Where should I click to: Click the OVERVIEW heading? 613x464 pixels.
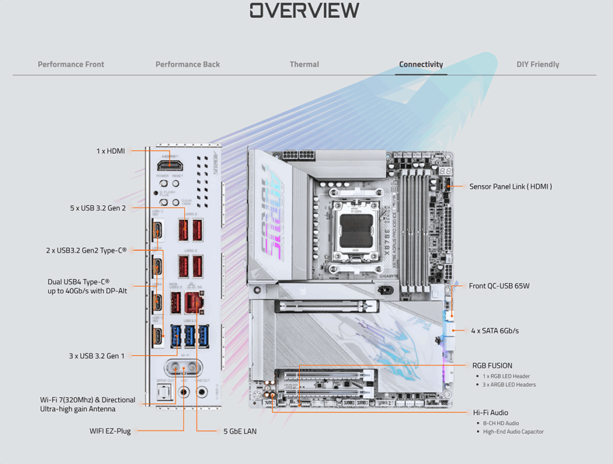click(x=305, y=10)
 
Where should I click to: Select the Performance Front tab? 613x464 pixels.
click(x=71, y=64)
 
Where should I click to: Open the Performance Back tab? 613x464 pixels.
click(x=187, y=64)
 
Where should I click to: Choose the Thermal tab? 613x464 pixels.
click(x=304, y=64)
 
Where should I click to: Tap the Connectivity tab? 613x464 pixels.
click(x=421, y=64)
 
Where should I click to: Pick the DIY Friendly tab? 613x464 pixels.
click(x=538, y=64)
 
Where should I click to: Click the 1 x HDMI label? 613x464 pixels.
click(x=111, y=151)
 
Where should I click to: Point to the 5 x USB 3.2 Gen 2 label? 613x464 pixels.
click(x=98, y=208)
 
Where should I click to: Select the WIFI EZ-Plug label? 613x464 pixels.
click(x=110, y=430)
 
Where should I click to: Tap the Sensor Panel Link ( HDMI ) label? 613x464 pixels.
click(x=511, y=187)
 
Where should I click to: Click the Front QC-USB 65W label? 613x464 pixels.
click(x=499, y=286)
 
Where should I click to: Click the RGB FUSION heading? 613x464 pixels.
click(x=492, y=365)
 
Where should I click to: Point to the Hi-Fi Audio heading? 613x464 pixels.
click(x=490, y=413)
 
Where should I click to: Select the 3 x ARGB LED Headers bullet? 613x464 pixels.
click(x=509, y=385)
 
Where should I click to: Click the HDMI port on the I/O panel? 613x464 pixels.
click(x=169, y=165)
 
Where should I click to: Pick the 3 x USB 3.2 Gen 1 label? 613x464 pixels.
click(x=97, y=356)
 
